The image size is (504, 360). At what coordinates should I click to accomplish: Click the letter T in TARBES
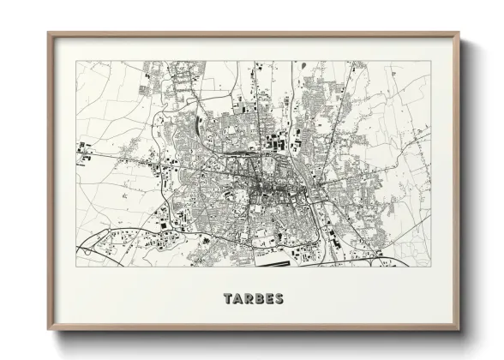(x=228, y=299)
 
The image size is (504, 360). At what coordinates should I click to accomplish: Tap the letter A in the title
(x=238, y=299)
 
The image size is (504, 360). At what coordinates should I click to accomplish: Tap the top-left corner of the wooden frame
(x=48, y=33)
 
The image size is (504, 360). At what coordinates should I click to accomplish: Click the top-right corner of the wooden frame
(x=459, y=33)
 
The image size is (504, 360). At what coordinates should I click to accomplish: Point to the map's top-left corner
(x=76, y=61)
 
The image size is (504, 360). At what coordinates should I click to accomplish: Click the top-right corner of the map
(x=430, y=61)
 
